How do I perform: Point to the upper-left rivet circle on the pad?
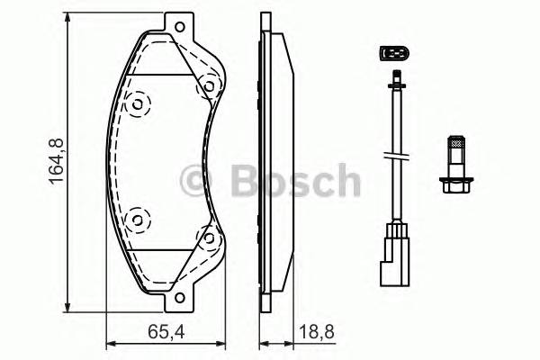click(138, 104)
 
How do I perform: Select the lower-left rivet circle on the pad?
click(138, 218)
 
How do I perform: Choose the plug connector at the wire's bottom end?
click(394, 254)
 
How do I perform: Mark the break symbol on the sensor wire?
click(394, 157)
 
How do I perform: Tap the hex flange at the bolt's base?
click(455, 187)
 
